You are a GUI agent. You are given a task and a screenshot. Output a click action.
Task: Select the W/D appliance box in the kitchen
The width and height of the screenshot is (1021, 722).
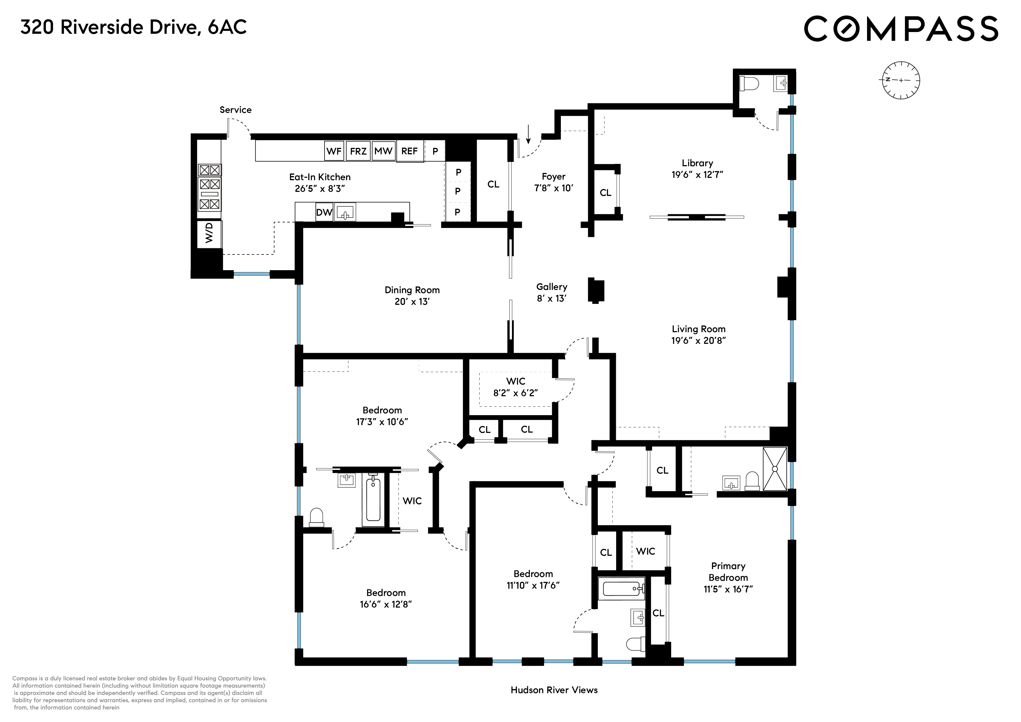pyautogui.click(x=209, y=233)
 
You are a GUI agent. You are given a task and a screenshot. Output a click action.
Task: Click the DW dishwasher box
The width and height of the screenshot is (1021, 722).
pyautogui.click(x=324, y=212)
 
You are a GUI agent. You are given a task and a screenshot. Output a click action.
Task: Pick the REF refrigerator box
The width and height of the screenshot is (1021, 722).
pyautogui.click(x=409, y=151)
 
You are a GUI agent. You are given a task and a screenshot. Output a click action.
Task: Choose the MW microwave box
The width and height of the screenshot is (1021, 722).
pyautogui.click(x=383, y=151)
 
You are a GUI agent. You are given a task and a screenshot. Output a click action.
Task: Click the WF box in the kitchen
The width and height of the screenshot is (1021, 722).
pyautogui.click(x=334, y=151)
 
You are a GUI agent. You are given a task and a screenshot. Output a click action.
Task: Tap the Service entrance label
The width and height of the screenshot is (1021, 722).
pyautogui.click(x=235, y=110)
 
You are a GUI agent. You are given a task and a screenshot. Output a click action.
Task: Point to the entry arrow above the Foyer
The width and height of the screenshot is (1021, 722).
pyautogui.click(x=528, y=134)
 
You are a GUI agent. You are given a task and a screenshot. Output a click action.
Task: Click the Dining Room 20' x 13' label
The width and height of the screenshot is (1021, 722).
pyautogui.click(x=412, y=295)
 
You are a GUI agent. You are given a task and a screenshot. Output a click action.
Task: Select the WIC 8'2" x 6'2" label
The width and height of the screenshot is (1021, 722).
pyautogui.click(x=515, y=387)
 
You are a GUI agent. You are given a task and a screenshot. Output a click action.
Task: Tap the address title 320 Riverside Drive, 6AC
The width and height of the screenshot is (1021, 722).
pyautogui.click(x=133, y=28)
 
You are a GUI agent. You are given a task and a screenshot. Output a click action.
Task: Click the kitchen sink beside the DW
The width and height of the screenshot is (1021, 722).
pyautogui.click(x=345, y=212)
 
